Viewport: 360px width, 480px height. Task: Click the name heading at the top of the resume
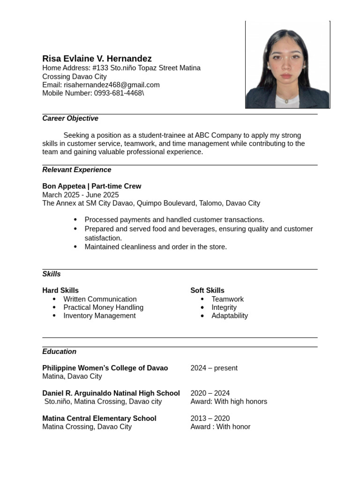tap(97, 59)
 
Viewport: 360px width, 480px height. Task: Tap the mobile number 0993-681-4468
tap(118, 93)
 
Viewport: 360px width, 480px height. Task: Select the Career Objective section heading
tap(70, 119)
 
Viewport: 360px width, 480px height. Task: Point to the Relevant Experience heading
tap(76, 170)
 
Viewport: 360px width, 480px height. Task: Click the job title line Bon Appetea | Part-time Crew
tap(91, 186)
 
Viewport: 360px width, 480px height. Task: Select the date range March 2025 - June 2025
tap(80, 195)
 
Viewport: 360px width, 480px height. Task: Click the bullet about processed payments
tap(174, 219)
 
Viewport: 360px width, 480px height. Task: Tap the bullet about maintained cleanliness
tap(155, 247)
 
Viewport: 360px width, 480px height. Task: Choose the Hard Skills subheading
tap(60, 290)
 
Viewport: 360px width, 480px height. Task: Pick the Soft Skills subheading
tap(207, 290)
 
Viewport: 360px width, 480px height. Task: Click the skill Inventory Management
tap(99, 315)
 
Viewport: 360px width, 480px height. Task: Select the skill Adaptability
tap(229, 315)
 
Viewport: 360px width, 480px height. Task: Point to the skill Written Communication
tap(100, 299)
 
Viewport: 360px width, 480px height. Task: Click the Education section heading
tap(59, 352)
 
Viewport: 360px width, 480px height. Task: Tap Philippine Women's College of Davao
tap(105, 368)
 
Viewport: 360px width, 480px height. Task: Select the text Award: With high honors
tap(228, 401)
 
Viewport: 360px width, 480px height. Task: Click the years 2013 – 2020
tap(210, 418)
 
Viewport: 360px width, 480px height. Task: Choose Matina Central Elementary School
tap(99, 418)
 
